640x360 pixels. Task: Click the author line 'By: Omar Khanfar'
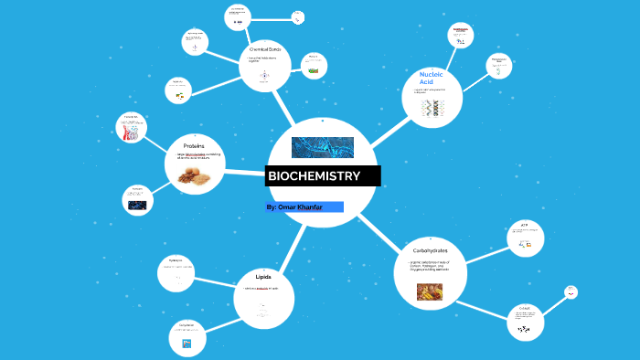tap(302, 207)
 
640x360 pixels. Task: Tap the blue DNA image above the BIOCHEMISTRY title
tap(322, 147)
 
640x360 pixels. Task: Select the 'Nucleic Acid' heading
tap(431, 76)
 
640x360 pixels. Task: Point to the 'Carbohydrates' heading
tap(429, 249)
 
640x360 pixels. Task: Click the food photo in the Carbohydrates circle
tap(429, 291)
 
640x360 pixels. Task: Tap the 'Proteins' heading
tap(193, 145)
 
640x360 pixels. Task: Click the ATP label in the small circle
tap(525, 225)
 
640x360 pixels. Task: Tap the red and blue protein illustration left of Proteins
tap(132, 132)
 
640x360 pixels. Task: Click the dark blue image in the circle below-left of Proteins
tap(137, 205)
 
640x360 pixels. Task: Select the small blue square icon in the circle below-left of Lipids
tap(186, 344)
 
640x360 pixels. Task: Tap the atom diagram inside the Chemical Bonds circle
tap(263, 77)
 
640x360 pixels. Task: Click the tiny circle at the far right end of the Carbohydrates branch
tap(571, 292)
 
